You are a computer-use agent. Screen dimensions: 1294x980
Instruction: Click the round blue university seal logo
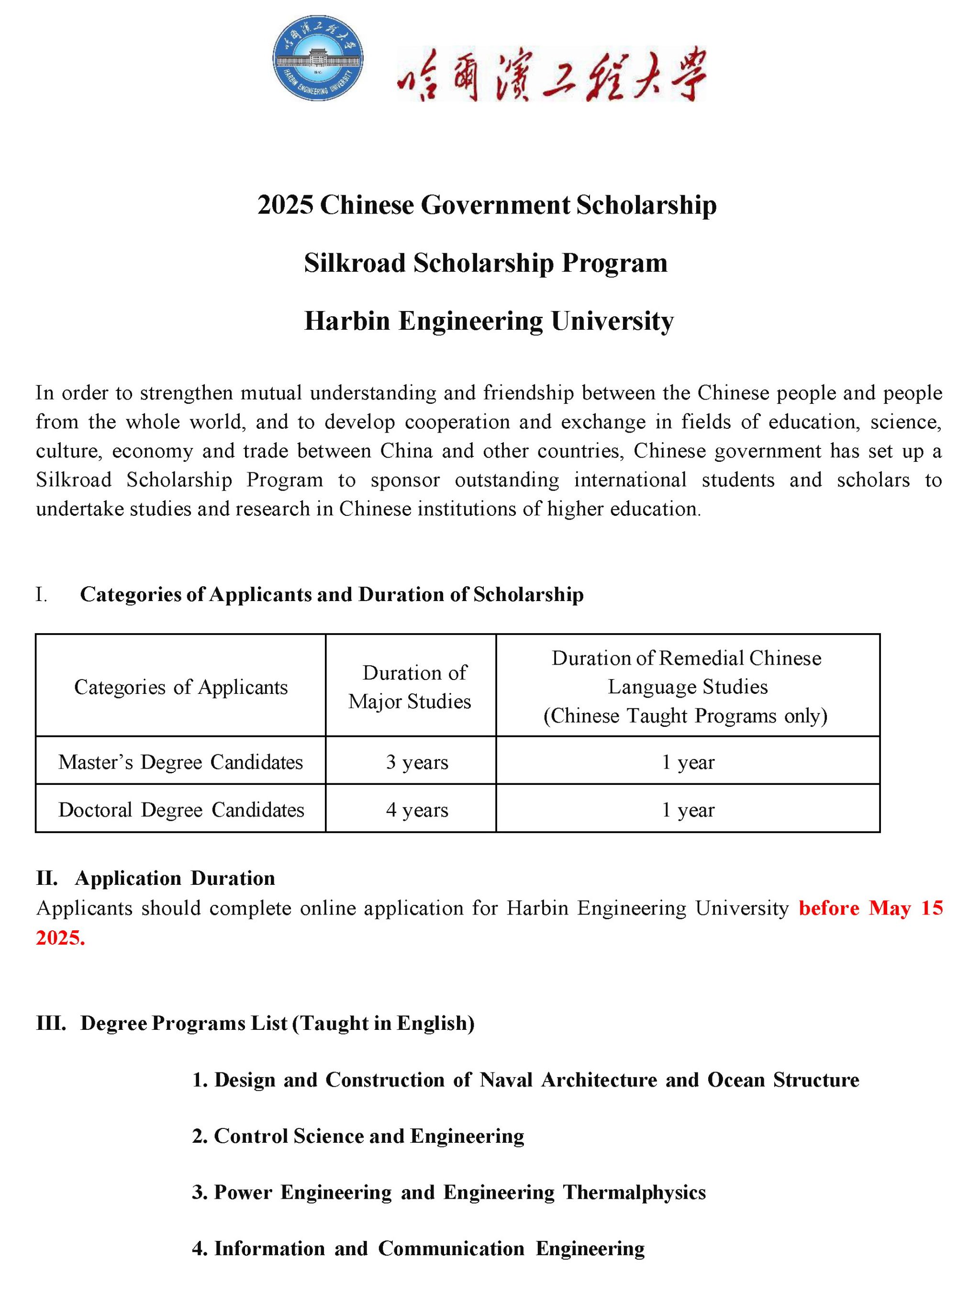click(318, 58)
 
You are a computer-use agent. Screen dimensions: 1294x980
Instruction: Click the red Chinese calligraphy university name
click(551, 74)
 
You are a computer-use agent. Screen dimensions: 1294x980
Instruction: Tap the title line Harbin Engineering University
click(489, 321)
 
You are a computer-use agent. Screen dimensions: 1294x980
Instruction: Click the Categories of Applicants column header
click(181, 687)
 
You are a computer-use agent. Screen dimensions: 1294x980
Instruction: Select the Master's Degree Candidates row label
click(181, 762)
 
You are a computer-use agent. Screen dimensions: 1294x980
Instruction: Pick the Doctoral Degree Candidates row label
click(181, 810)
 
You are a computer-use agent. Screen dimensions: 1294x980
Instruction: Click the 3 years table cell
click(417, 762)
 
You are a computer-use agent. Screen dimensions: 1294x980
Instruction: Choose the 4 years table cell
click(417, 810)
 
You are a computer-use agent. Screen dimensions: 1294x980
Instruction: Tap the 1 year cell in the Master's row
click(688, 762)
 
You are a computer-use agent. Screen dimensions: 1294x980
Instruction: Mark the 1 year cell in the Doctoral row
click(688, 810)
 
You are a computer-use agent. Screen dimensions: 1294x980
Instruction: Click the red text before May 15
click(870, 908)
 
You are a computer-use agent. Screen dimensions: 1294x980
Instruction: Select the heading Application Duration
click(174, 878)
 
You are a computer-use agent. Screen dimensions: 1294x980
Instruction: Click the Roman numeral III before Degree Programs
click(50, 1023)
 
